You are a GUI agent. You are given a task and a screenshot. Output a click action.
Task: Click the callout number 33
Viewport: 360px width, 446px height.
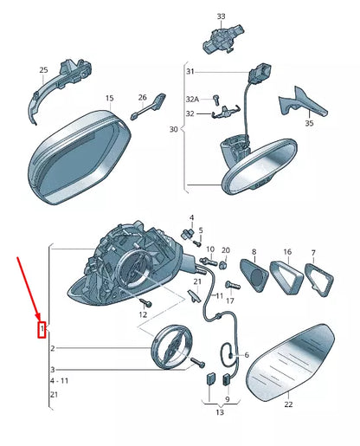coord(221,16)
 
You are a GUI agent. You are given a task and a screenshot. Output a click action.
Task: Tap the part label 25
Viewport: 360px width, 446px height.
coord(43,70)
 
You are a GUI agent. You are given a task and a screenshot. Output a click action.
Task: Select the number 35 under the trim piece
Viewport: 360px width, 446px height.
coord(309,123)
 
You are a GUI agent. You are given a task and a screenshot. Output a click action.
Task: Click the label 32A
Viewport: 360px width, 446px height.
coord(192,100)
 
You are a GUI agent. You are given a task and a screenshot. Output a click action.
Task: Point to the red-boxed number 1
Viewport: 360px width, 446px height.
coord(42,329)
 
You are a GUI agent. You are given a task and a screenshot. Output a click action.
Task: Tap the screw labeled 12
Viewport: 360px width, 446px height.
coord(146,302)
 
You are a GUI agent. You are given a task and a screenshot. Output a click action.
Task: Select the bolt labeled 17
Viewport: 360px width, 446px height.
coord(233,285)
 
